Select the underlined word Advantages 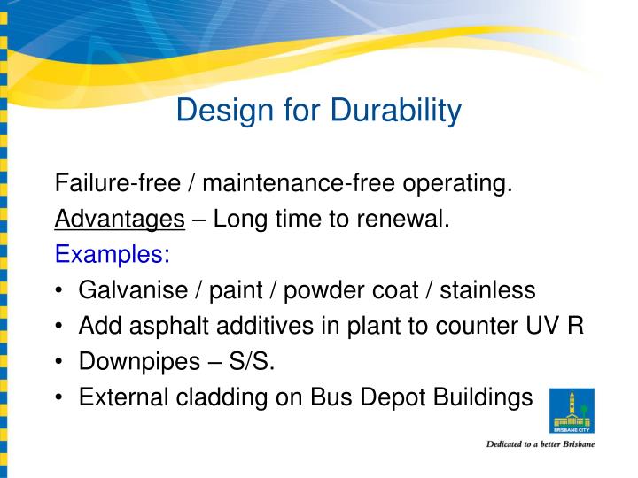(x=120, y=220)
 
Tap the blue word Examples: (x=113, y=255)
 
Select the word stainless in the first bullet (x=488, y=290)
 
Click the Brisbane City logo (x=572, y=411)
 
